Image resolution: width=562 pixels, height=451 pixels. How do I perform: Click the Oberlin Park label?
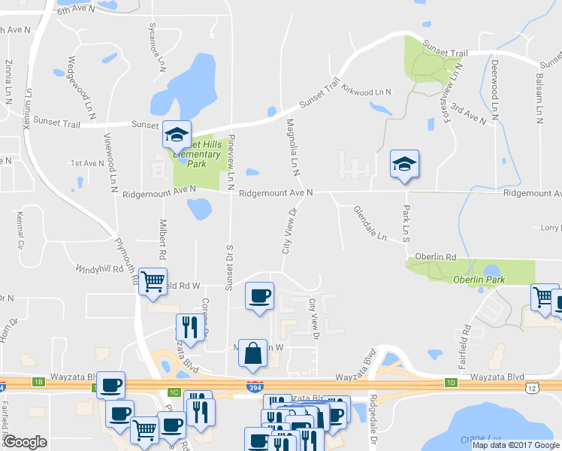pos(478,280)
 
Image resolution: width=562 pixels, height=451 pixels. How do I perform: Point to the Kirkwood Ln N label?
pos(367,92)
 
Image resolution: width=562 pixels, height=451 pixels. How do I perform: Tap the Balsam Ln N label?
pos(539,92)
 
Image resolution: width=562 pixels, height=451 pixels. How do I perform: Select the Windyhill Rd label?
pos(98,268)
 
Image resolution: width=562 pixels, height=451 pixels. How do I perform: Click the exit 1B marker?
pos(38,383)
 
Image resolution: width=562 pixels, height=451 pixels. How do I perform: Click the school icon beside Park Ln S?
pos(404,165)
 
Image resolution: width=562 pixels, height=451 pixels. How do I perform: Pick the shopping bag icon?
pos(253,352)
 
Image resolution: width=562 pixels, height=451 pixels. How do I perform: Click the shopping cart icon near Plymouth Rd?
pos(153,282)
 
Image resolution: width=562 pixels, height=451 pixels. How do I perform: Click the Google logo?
pos(25,442)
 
